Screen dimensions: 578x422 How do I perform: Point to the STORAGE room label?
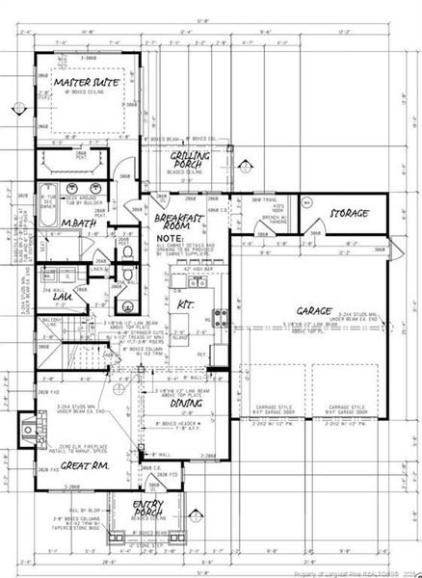[x=350, y=212]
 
